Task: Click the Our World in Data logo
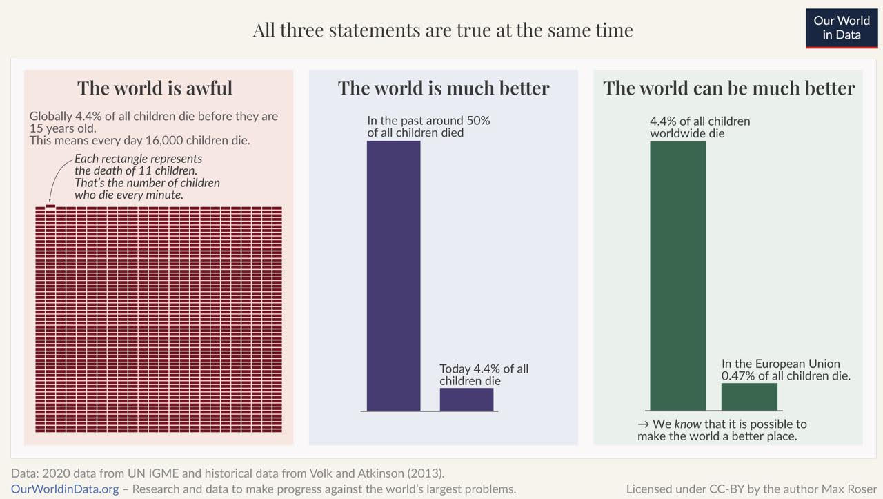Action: [841, 28]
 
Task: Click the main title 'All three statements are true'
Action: [442, 30]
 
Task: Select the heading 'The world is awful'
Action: [155, 88]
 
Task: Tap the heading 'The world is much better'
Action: [443, 88]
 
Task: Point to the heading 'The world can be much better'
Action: [728, 88]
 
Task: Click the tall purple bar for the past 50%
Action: [393, 276]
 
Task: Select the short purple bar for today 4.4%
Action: [466, 400]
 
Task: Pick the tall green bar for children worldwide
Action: [677, 276]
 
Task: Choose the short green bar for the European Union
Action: [749, 397]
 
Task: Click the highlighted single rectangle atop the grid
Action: [50, 205]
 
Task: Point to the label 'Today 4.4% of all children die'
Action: [484, 375]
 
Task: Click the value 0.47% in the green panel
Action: [740, 376]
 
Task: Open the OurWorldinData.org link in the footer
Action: [65, 489]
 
